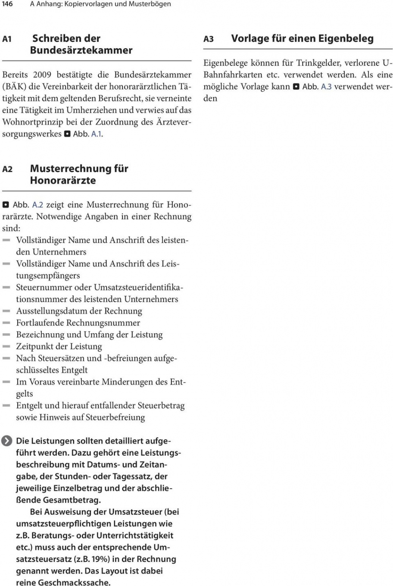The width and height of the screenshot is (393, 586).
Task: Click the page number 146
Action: point(7,4)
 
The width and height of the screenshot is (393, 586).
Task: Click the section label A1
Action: point(7,39)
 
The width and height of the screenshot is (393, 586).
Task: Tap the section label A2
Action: point(7,169)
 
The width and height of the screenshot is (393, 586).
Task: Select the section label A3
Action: point(209,39)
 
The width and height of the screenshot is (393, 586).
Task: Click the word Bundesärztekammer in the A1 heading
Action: point(81,50)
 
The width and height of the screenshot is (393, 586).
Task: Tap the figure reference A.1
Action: point(97,134)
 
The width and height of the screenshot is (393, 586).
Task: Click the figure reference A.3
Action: point(326,87)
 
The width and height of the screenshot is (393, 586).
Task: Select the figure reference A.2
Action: point(37,204)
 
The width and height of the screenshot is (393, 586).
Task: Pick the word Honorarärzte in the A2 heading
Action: point(63,180)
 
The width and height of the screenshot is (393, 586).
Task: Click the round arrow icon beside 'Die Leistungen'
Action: point(7,441)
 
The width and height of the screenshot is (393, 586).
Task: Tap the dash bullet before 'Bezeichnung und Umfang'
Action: point(6,335)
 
